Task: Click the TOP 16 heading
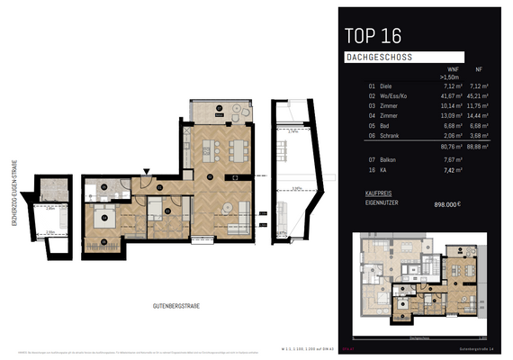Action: [373, 36]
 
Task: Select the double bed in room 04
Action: [105, 220]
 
